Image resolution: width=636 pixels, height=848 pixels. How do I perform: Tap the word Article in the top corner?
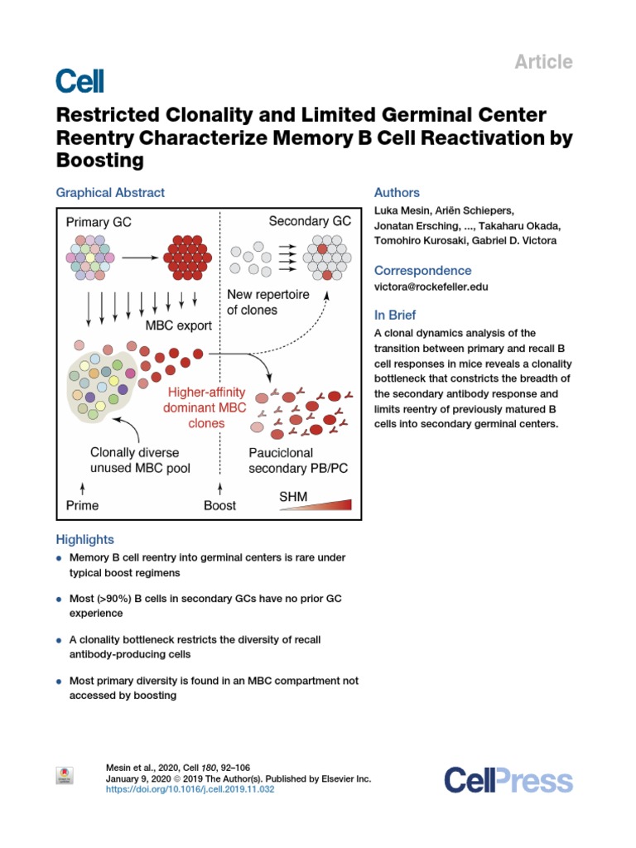coord(544,61)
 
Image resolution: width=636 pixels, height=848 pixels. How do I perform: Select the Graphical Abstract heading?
coord(110,193)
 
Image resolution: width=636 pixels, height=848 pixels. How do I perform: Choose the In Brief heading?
coord(395,316)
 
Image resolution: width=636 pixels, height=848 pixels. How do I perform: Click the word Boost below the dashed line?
coord(219,505)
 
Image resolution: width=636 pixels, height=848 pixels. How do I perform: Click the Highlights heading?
coord(84,539)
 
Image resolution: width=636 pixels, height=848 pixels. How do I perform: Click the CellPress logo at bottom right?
coord(508,780)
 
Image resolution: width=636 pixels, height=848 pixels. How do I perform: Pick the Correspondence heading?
coord(422,271)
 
